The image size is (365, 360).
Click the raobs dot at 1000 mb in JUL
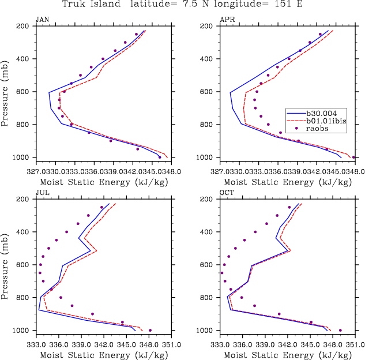(x=150, y=331)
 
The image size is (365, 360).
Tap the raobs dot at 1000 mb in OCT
(x=340, y=331)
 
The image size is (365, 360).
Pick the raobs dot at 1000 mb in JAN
(x=160, y=157)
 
